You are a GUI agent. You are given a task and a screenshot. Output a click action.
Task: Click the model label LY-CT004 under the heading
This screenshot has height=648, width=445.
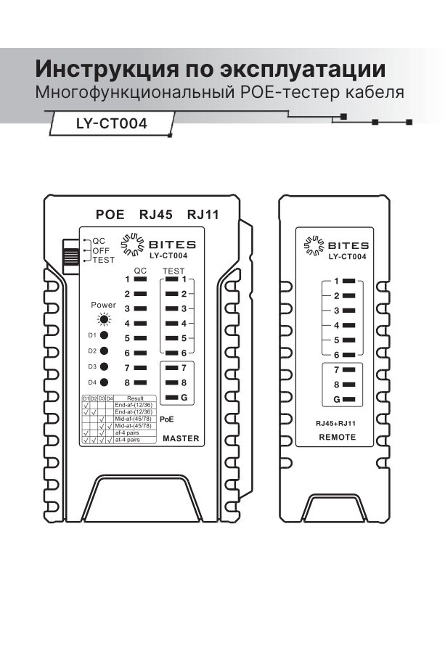click(112, 123)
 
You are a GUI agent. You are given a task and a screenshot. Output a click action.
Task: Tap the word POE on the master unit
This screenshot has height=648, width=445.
click(111, 215)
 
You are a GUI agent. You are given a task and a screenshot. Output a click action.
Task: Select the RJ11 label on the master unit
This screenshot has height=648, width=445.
click(203, 215)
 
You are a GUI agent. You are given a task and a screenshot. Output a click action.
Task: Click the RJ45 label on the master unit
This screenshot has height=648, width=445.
click(155, 215)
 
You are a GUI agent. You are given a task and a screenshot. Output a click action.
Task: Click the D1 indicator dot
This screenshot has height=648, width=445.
click(105, 336)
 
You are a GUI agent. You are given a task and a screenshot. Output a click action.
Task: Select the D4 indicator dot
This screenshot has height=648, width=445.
click(105, 382)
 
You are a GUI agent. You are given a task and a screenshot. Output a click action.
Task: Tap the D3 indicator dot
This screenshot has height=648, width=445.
click(105, 367)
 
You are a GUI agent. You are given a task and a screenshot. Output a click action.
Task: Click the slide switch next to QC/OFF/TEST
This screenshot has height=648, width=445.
click(71, 255)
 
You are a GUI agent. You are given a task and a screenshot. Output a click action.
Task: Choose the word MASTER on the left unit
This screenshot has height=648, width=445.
click(181, 439)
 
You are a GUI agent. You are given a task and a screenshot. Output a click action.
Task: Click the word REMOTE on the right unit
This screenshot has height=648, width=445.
click(338, 438)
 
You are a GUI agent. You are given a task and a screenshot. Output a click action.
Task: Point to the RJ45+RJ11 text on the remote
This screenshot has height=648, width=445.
click(337, 423)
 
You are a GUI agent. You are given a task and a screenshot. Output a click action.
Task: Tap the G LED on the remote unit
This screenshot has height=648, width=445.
click(348, 400)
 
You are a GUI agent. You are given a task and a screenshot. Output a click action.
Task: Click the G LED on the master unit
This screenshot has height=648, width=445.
click(171, 398)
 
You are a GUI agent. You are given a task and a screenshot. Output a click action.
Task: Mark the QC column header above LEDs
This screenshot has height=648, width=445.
click(141, 270)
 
